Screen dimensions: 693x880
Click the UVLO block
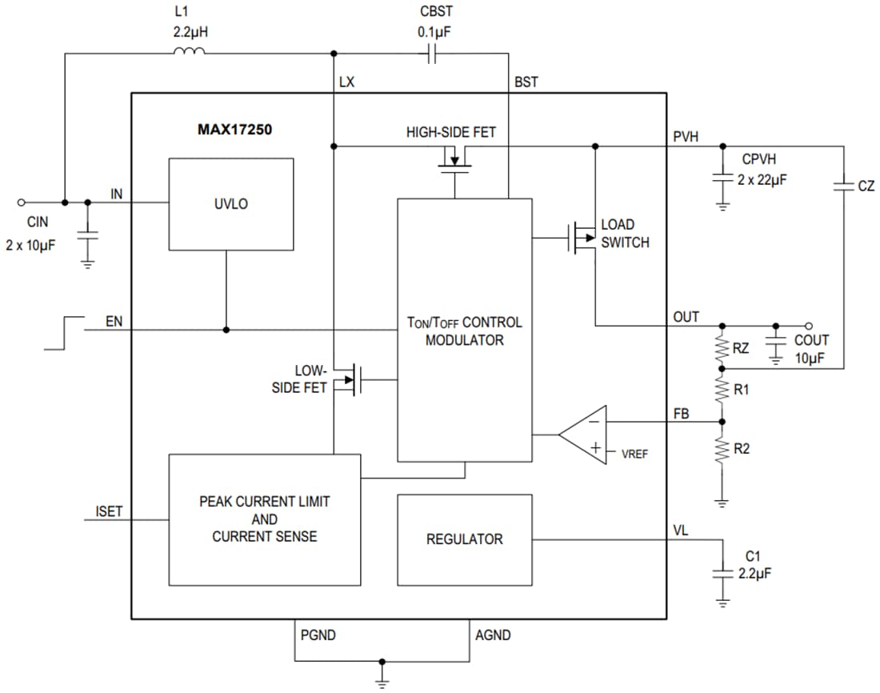230,204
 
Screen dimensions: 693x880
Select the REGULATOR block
464,539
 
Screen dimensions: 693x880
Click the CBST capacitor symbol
431,54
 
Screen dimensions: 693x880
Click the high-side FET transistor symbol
455,163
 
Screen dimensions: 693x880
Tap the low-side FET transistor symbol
351,379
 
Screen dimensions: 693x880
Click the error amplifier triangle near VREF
582,435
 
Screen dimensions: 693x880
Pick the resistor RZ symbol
722,346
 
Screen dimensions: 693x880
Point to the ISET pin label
109,511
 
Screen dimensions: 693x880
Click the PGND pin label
318,635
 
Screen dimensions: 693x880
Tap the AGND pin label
493,635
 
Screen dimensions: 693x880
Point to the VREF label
634,453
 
